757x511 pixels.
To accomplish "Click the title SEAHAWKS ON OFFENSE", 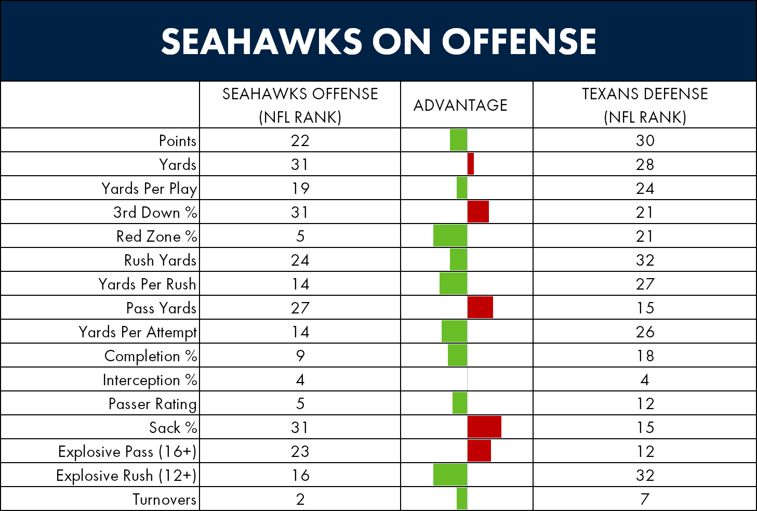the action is tap(378, 41).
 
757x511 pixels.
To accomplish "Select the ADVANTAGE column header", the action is tap(460, 105).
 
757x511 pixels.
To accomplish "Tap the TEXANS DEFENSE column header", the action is tap(645, 105).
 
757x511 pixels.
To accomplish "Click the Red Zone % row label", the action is tap(156, 236).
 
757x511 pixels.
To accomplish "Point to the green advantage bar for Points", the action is tap(459, 140).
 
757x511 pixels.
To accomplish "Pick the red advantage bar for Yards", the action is tap(471, 164).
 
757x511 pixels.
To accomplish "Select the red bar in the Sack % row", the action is tap(484, 427).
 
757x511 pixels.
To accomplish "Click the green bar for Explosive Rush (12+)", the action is tap(450, 475).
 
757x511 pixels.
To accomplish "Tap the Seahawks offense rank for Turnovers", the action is tap(300, 499).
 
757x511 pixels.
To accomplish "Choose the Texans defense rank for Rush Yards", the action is tap(645, 260).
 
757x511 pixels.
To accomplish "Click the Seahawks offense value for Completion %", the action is tap(300, 356).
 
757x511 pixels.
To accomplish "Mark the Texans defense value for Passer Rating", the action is tap(645, 403).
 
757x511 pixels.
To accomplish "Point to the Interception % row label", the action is tap(150, 380).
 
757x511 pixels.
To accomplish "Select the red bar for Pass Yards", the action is tap(480, 307).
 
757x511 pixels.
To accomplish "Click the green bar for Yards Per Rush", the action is tap(454, 283).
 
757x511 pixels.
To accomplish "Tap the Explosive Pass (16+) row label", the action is tap(127, 452).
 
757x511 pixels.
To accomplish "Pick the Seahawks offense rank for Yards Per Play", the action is tap(300, 188).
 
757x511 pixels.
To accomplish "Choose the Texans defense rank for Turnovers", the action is tap(645, 499).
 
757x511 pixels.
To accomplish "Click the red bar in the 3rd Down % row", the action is tap(478, 212).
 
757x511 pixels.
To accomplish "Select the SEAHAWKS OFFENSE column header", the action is tap(300, 105).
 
